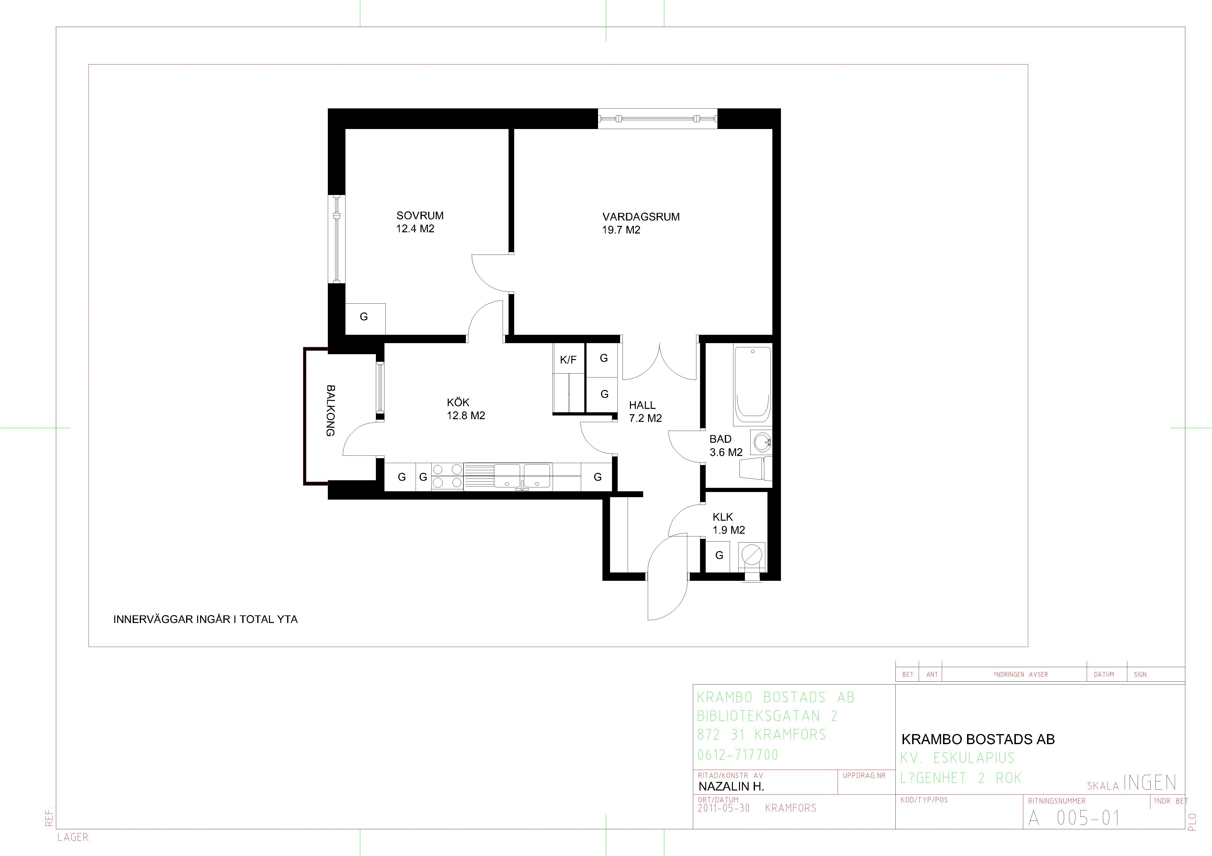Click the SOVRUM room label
click(x=420, y=215)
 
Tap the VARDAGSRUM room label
click(x=641, y=217)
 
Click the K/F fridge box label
click(x=568, y=360)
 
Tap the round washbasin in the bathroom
click(x=762, y=442)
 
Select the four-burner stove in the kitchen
click(x=447, y=476)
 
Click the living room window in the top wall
click(x=658, y=119)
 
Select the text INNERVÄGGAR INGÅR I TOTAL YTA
click(x=205, y=619)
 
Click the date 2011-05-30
click(x=724, y=808)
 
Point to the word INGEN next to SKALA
click(x=1150, y=783)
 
